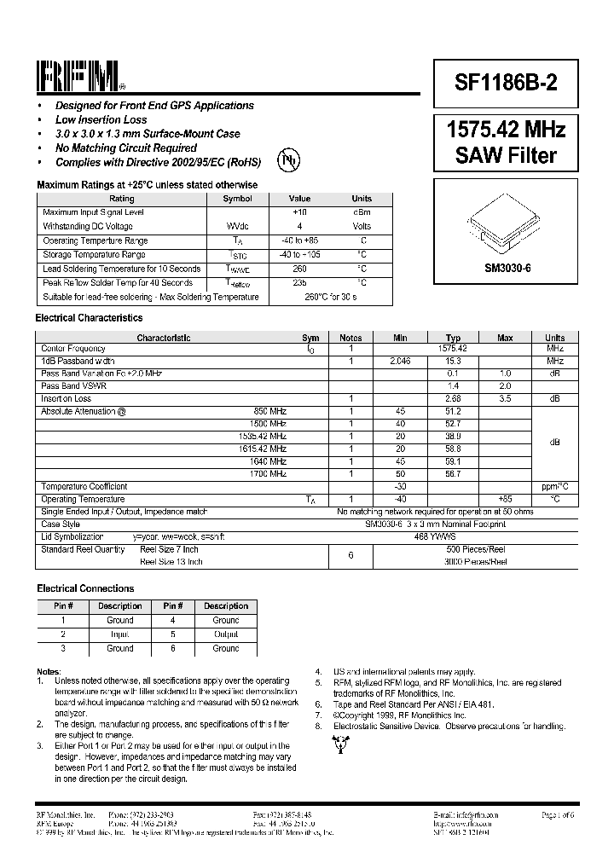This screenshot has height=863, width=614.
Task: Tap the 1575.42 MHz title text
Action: point(506,130)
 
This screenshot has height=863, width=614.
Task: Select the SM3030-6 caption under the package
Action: point(507,268)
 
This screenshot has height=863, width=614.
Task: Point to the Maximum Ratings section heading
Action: point(147,185)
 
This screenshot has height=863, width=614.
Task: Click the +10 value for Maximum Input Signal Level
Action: point(299,211)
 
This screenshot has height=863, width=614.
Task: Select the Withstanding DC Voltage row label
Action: point(88,226)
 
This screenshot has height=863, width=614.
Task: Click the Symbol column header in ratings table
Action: point(237,199)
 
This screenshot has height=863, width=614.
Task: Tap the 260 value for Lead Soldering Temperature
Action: point(299,269)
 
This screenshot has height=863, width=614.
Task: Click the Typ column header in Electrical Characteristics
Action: point(453,338)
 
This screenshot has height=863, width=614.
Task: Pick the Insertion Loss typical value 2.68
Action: point(453,398)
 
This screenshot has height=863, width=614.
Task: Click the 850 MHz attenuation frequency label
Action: point(270,411)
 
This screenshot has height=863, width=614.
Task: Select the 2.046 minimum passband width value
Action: point(400,362)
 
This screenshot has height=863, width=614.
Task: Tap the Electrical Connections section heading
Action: point(85,588)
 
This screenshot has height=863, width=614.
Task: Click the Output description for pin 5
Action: point(226,634)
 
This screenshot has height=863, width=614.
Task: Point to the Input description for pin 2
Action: point(119,634)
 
